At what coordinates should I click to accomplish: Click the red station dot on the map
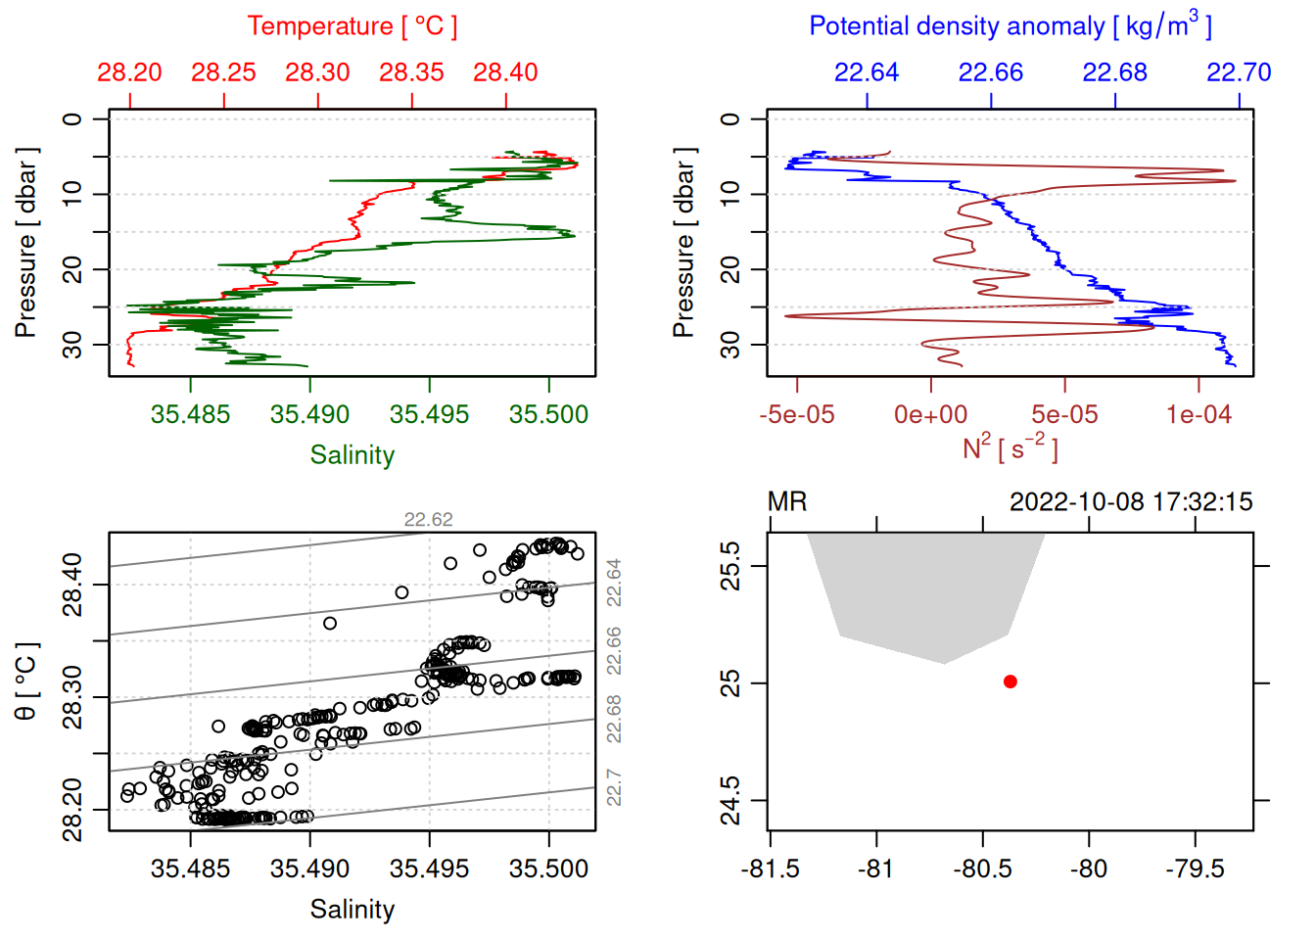tap(1010, 681)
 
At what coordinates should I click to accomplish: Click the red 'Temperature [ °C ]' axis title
tap(352, 26)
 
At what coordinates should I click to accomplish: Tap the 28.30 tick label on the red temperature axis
tap(317, 72)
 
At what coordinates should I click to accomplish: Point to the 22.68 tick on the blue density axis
tap(1114, 72)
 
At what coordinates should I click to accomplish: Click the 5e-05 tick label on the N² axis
tap(1064, 415)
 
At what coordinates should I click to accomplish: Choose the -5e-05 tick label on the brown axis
tap(797, 415)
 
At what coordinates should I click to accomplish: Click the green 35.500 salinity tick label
tap(548, 415)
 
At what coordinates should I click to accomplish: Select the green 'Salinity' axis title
tap(352, 455)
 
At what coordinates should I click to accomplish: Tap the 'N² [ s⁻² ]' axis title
tap(1010, 447)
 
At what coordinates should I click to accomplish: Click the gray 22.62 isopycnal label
tap(429, 520)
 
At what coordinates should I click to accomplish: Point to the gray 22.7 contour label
tap(614, 787)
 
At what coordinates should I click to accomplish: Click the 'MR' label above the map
tap(787, 502)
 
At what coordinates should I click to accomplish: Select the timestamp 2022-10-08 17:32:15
tap(1131, 502)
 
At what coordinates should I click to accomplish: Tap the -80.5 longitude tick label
tap(983, 869)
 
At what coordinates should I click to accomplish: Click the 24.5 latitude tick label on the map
tap(730, 801)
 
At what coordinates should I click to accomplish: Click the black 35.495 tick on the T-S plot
tap(429, 869)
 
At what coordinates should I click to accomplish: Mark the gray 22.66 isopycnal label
tap(614, 651)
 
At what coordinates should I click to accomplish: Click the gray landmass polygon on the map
tap(924, 592)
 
